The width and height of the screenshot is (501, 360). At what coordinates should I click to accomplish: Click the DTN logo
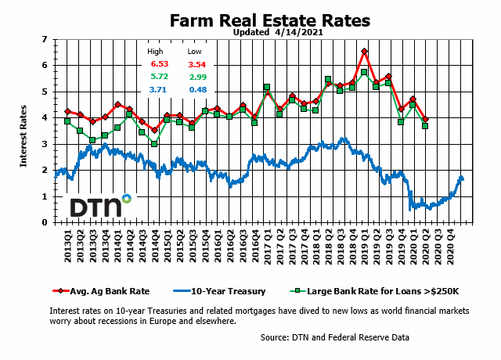(x=99, y=206)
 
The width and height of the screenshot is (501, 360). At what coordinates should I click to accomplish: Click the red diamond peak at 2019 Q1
(x=364, y=52)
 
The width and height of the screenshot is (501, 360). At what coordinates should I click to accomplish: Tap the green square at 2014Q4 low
(x=155, y=144)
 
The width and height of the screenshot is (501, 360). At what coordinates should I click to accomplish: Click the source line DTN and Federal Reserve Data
(x=334, y=337)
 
